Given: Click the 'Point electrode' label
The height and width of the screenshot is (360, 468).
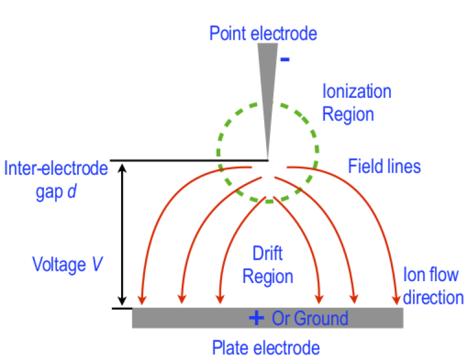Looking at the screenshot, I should [x=263, y=33].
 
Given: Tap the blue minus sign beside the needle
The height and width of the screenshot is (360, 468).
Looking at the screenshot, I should [x=284, y=60].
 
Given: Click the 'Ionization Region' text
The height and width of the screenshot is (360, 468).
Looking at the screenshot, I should [x=357, y=103].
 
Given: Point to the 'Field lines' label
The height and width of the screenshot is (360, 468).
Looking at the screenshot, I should [x=384, y=166].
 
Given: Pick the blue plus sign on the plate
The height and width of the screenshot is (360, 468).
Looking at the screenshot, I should [x=256, y=318].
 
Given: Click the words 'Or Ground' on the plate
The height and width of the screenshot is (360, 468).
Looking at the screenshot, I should [x=310, y=318].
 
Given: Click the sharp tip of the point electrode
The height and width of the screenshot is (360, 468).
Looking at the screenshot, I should [x=267, y=158].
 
